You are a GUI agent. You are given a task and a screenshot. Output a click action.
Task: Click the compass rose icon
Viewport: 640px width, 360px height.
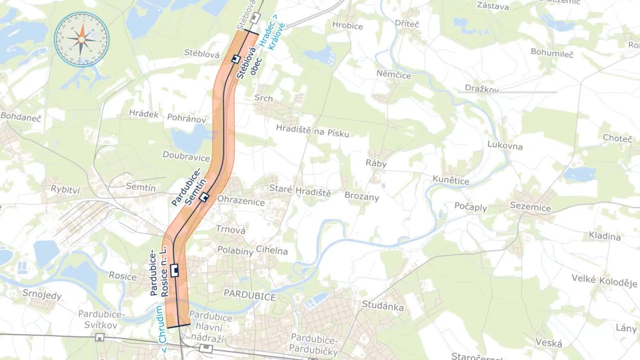[x=81, y=39]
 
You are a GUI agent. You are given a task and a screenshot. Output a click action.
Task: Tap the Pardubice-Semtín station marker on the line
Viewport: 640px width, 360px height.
[x=203, y=197]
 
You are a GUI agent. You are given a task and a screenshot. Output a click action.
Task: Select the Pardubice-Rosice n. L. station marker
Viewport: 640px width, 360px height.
[x=174, y=270]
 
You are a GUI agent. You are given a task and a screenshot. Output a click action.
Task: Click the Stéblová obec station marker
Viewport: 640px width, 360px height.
[x=234, y=59]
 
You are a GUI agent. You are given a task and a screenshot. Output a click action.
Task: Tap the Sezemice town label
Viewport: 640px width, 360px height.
[x=530, y=207]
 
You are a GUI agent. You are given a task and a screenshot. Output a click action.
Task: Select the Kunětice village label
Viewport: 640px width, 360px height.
[x=450, y=180]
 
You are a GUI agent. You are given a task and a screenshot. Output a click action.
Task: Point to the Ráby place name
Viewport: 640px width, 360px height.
[x=376, y=163]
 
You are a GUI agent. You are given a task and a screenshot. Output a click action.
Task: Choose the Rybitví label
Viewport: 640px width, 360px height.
[x=65, y=188]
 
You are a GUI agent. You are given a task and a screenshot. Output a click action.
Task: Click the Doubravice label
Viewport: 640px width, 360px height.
[x=186, y=156]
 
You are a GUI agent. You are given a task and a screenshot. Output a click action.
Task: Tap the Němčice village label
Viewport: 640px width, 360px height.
[x=393, y=75]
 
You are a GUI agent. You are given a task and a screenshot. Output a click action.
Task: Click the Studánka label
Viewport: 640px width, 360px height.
[x=382, y=305]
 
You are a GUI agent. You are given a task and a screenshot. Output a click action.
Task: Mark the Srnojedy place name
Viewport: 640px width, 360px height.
[x=42, y=294]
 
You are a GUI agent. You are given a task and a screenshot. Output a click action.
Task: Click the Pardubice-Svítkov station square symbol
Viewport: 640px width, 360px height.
[x=99, y=337]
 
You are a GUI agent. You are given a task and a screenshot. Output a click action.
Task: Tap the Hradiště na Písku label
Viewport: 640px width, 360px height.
[x=312, y=130]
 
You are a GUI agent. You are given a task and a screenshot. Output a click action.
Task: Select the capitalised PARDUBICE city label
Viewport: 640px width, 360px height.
[x=249, y=296]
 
